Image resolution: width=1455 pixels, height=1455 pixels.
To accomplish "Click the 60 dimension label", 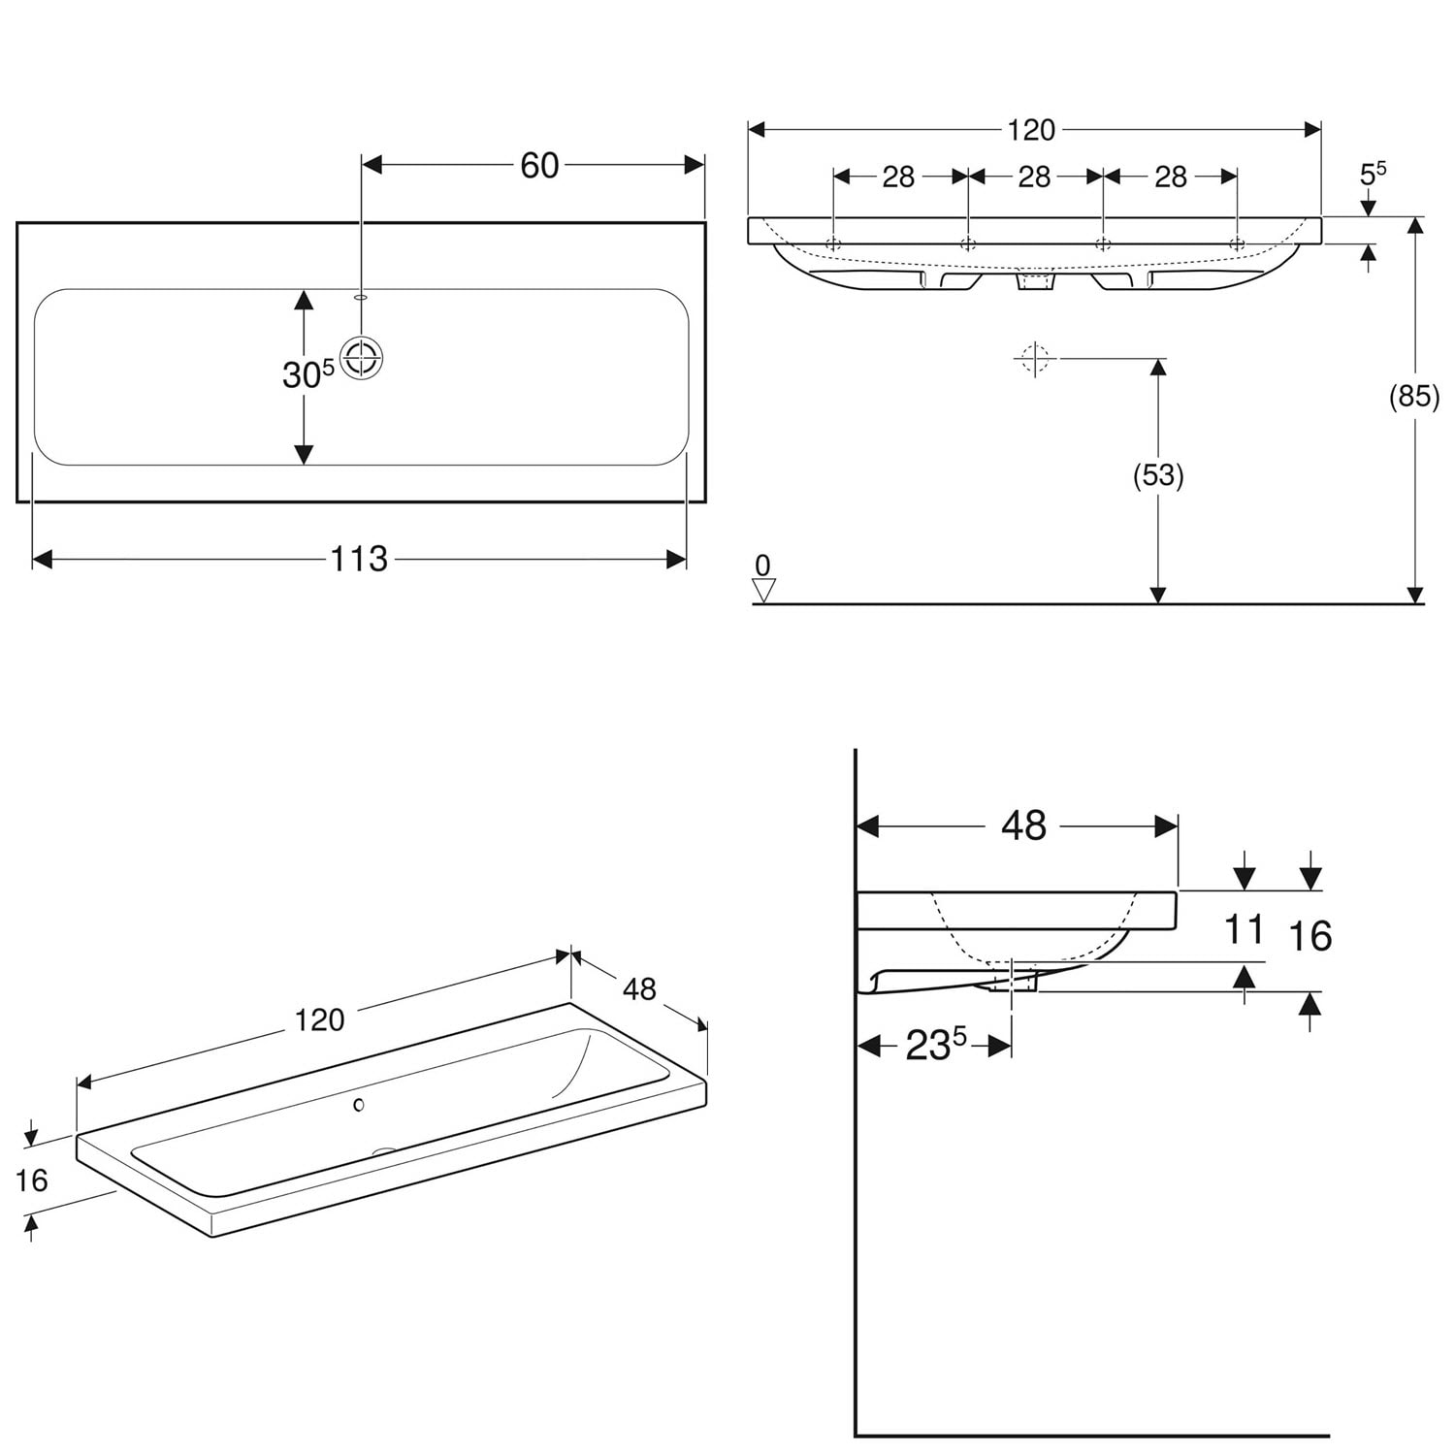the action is coord(539,166).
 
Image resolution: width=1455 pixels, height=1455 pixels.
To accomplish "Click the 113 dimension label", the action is coord(359,559).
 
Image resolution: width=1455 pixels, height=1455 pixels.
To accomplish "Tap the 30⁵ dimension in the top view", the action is coord(308,374).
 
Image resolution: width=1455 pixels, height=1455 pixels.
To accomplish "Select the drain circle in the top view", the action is coord(363,358).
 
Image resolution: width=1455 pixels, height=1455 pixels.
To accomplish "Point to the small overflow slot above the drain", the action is coord(362,297).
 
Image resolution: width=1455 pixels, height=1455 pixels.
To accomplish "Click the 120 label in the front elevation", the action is coord(1030,130).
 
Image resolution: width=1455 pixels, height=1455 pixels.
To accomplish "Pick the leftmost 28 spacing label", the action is coord(898,177).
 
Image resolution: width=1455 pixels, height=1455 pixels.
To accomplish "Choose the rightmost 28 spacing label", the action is coord(1171,177).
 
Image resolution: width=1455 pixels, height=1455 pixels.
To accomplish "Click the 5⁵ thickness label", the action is coord(1373,174).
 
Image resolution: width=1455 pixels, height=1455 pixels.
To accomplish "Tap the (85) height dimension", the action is coord(1414,397).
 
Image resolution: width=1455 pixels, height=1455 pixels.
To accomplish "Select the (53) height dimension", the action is coord(1158,475).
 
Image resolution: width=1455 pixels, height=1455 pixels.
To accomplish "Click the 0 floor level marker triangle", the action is coord(764,591).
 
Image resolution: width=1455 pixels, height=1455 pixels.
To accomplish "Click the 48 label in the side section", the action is coord(1023,825).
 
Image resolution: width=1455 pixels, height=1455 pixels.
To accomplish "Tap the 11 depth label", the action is coord(1244,929).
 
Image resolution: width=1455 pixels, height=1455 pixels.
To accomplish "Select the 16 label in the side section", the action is coord(1309,936).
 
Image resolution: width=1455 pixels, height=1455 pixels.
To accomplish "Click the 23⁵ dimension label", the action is coord(936,1045).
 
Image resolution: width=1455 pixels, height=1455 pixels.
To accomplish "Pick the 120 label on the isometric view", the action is coord(320,1020).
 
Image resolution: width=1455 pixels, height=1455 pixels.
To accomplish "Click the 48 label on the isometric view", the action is coord(639,989).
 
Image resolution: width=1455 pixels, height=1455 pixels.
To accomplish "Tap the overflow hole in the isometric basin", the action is coord(359,1104).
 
